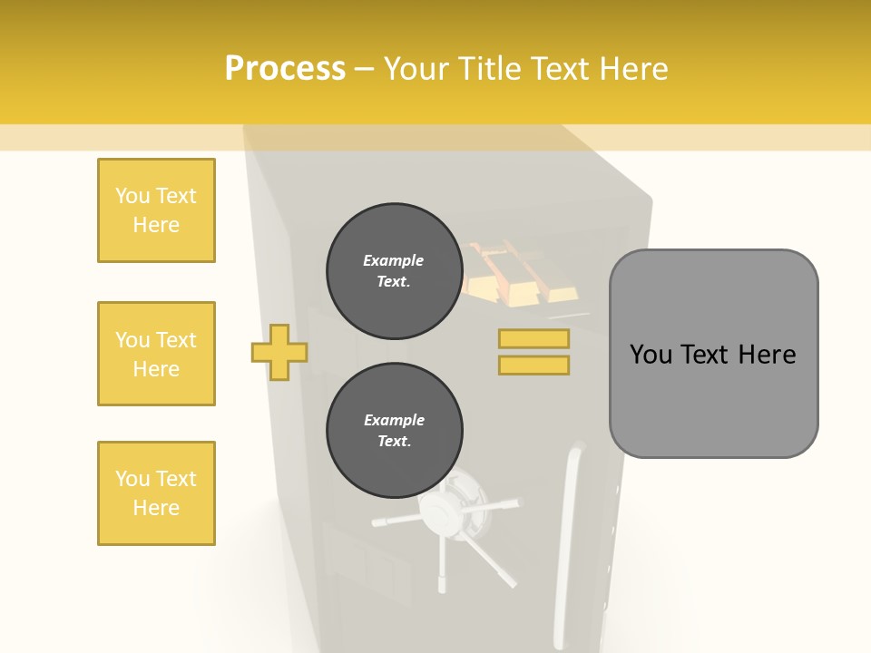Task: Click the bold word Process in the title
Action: click(285, 69)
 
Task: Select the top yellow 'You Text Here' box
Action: click(156, 210)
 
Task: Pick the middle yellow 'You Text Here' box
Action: click(156, 354)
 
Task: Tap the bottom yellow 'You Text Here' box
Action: click(156, 493)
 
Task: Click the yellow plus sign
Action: click(279, 352)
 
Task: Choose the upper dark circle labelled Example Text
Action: click(394, 271)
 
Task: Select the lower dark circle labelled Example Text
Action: click(394, 431)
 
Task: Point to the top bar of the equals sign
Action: click(533, 338)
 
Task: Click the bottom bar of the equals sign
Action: click(533, 365)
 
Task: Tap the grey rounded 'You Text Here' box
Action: click(713, 354)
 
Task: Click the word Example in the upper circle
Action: click(394, 261)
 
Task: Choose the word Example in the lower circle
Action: click(394, 421)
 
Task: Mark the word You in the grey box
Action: click(651, 355)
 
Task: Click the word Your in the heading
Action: click(413, 69)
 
